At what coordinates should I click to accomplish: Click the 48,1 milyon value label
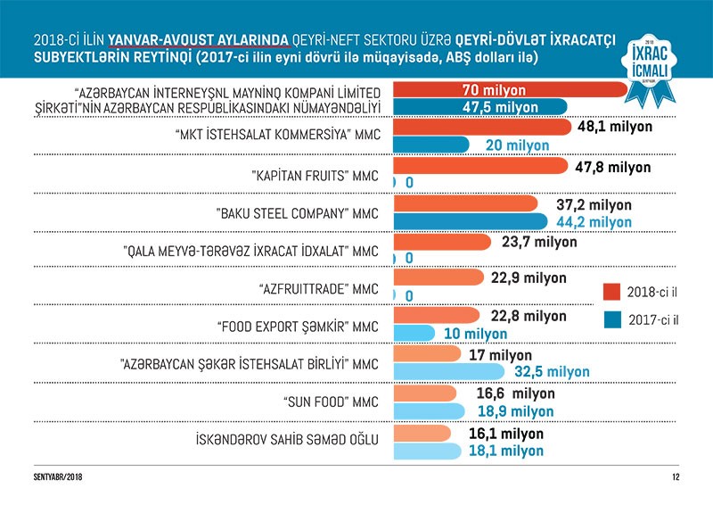pos(615,127)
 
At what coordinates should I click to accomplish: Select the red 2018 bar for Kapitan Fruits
pos(479,167)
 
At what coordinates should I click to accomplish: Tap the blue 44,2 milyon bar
pos(470,221)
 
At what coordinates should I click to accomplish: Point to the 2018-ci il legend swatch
pos(611,292)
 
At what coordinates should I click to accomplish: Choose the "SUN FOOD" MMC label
pos(322,401)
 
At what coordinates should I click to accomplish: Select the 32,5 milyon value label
pos(553,371)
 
